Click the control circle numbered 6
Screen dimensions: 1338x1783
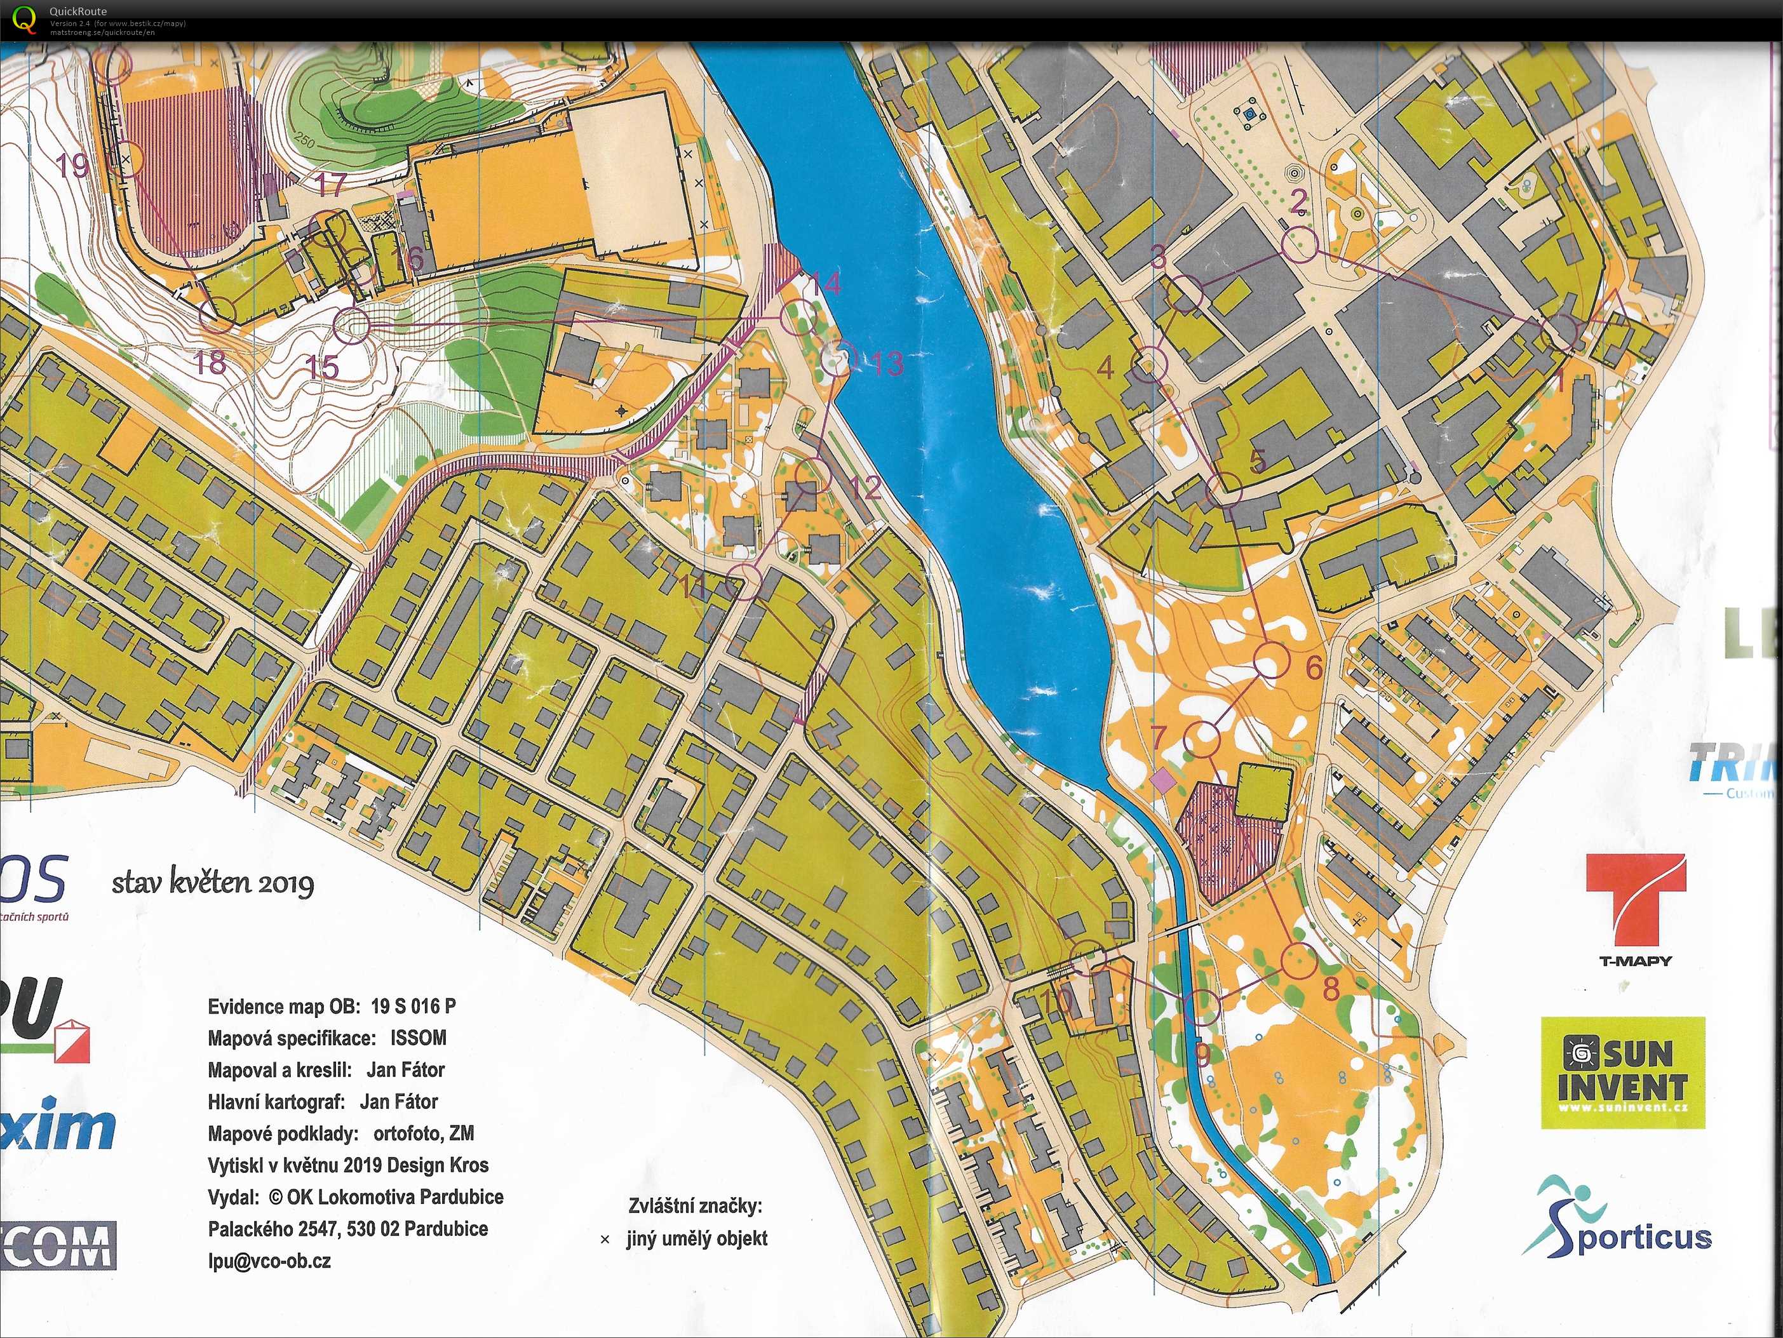1267,661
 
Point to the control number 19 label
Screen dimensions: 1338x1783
72,165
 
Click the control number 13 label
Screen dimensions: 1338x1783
887,365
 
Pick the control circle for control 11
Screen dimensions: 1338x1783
743,582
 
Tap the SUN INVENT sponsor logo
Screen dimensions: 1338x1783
1622,1072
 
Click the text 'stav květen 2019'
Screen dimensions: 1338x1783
213,883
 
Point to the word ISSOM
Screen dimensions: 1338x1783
419,1038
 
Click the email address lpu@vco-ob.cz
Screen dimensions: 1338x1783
269,1261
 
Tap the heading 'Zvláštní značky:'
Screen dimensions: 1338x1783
695,1207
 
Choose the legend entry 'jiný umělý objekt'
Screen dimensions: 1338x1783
696,1239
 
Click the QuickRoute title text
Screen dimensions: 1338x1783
77,11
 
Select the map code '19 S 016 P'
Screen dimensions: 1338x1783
413,1006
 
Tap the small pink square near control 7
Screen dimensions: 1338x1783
1162,779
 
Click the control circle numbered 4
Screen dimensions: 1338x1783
1150,365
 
